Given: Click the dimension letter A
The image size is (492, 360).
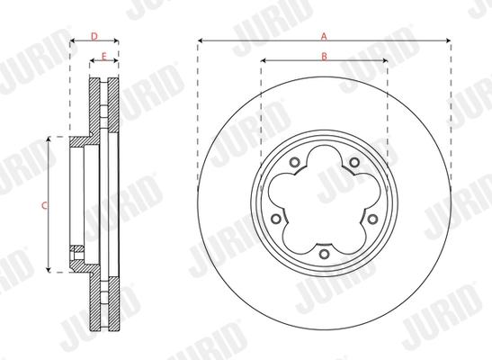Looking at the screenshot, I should point(323,35).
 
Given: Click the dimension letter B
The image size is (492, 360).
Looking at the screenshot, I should point(323,57).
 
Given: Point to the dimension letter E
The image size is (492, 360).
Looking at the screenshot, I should point(104,57).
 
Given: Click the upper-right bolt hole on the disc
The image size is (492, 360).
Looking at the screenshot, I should point(354,163).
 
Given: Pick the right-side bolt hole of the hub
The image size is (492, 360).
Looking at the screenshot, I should point(372,219).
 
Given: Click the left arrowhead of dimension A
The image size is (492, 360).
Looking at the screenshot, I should point(201,41).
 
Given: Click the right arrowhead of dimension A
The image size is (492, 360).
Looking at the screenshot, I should point(446,41).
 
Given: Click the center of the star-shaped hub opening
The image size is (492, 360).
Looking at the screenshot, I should point(323,203).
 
